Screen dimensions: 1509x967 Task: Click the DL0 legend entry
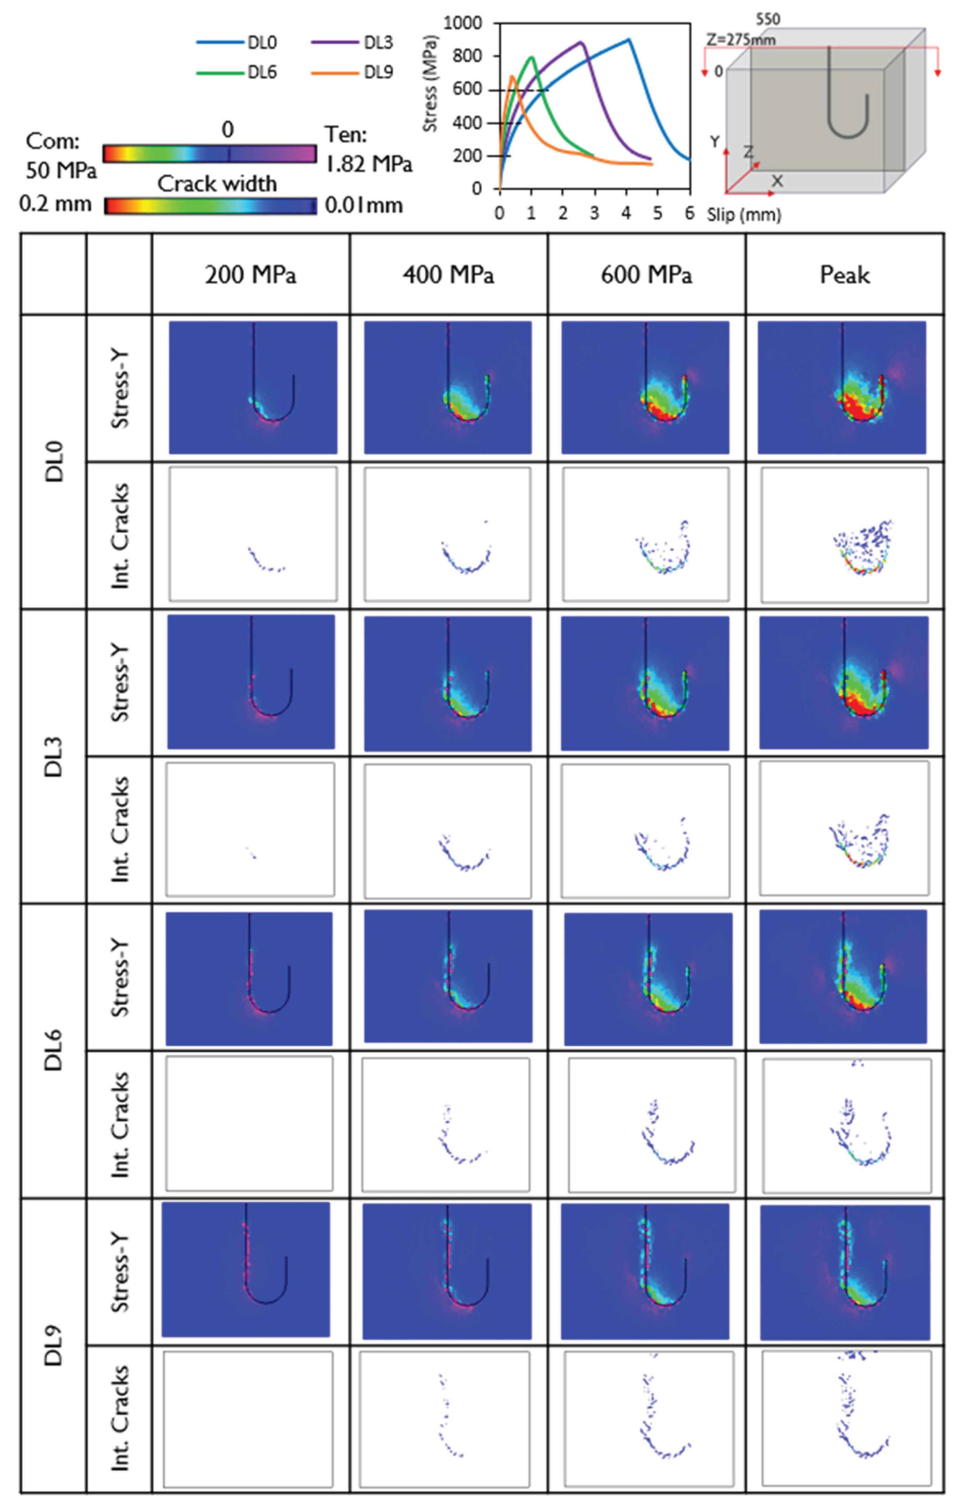point(262,43)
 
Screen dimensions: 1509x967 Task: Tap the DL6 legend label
point(262,73)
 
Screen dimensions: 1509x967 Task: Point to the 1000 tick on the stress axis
point(463,23)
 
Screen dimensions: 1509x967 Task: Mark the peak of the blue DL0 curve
point(628,39)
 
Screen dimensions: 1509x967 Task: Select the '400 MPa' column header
point(448,275)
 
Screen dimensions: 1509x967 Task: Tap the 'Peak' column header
point(845,275)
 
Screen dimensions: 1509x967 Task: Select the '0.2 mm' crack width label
point(55,204)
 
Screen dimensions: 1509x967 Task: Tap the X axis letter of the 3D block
point(778,181)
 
